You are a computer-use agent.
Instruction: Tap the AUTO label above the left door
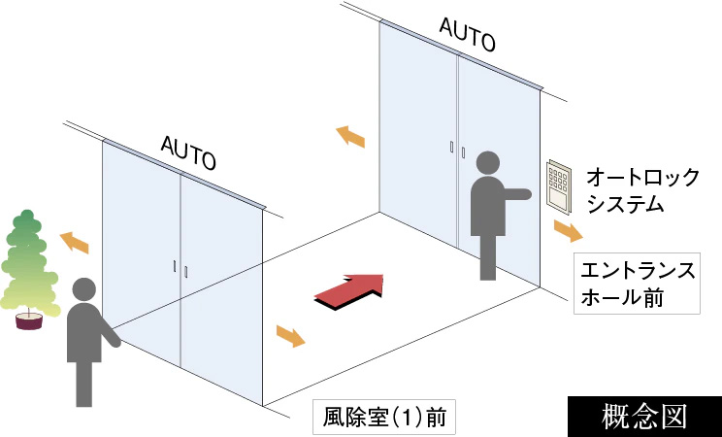[188, 151]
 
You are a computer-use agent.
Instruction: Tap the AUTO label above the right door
[468, 34]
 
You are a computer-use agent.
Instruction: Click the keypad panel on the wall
[559, 183]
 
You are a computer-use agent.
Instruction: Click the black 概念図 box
[644, 415]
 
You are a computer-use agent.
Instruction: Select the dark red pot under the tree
[29, 321]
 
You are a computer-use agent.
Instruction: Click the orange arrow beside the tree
[74, 242]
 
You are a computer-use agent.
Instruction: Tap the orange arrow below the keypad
[569, 231]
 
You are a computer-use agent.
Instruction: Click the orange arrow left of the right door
[350, 137]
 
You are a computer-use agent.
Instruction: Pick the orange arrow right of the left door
[290, 336]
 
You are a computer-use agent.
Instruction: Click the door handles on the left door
[180, 268]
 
